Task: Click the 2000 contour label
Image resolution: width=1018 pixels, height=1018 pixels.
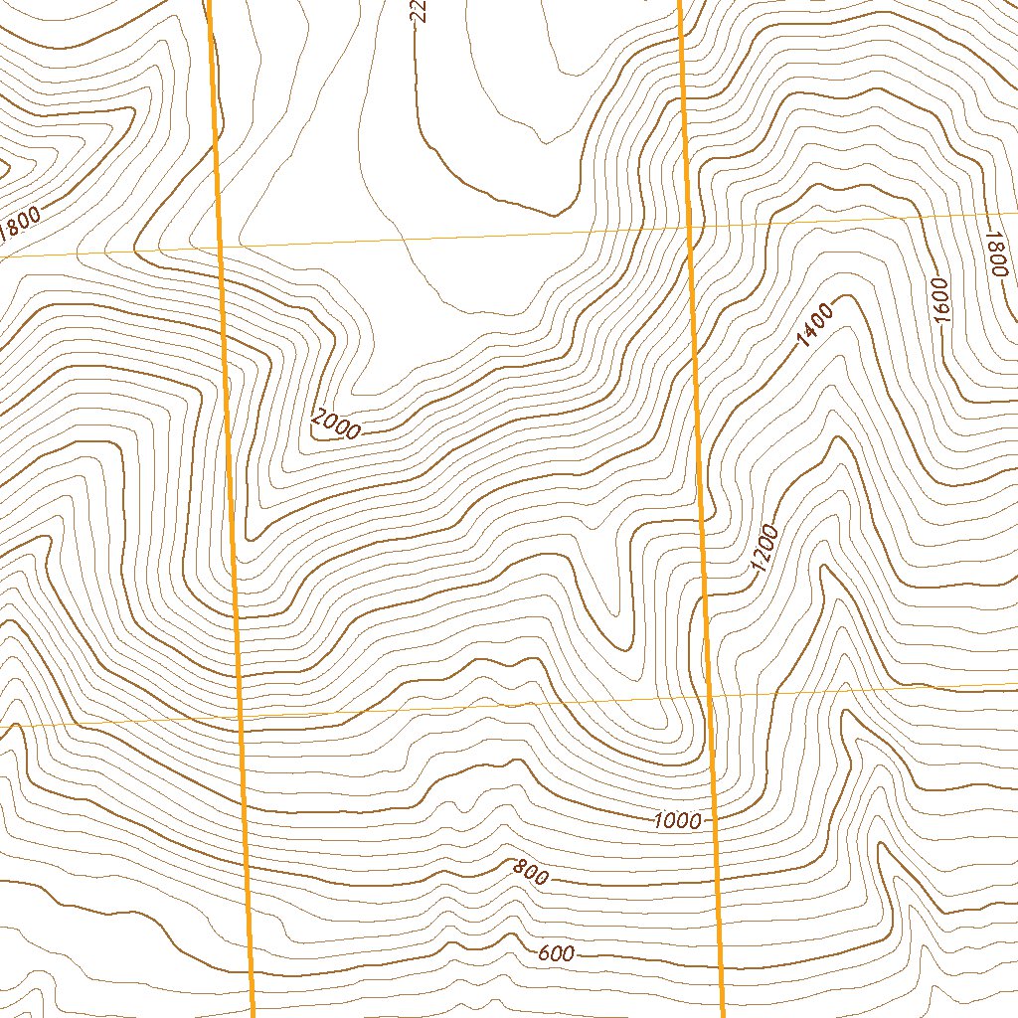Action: pos(335,424)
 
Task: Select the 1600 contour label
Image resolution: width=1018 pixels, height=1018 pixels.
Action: pos(941,298)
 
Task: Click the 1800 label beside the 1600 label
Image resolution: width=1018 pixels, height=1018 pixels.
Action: pos(996,254)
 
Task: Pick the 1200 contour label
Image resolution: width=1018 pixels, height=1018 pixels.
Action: pos(763,548)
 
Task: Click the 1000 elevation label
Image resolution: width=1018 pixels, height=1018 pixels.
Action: pos(677,821)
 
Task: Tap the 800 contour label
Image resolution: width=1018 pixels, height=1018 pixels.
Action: pos(531,873)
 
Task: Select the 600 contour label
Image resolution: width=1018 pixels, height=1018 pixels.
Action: pos(556,954)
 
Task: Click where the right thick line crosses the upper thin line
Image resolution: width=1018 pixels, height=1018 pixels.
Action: pos(692,227)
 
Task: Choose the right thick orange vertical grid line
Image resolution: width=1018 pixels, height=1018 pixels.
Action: pos(702,497)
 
